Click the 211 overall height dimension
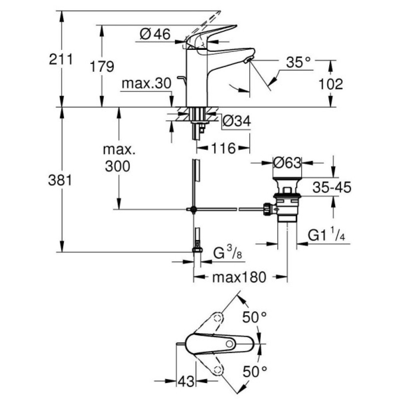point(61,59)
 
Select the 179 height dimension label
point(101,66)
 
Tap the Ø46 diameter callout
point(155,35)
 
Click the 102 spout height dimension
point(331,84)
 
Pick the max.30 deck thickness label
point(146,84)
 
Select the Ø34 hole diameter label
point(236,121)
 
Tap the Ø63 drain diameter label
point(287,162)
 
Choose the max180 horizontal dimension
point(239,277)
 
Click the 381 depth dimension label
point(61,180)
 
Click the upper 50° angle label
point(255,318)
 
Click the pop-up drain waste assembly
point(286,202)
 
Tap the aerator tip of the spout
point(248,60)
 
